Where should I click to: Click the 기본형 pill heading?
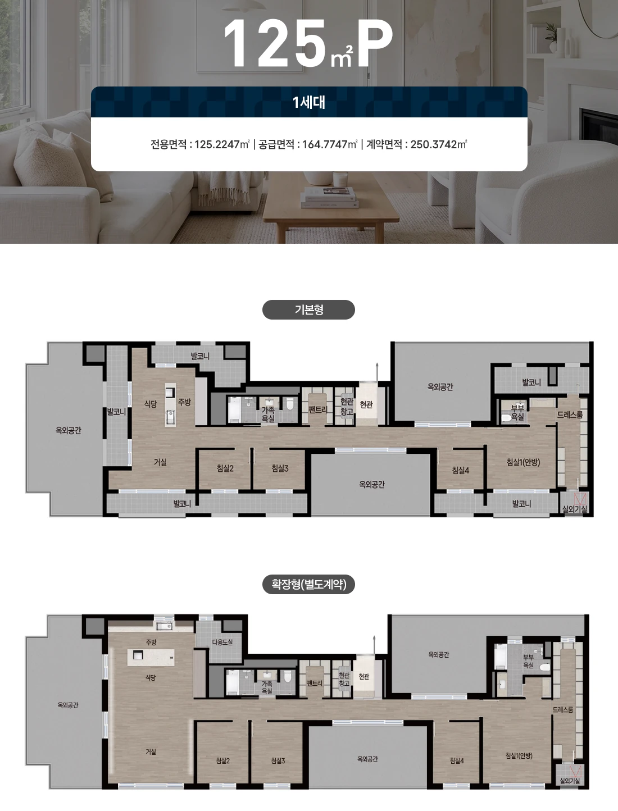tap(308, 309)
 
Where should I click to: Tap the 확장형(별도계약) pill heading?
tap(308, 584)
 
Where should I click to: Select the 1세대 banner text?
tap(308, 102)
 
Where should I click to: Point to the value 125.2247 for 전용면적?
tap(217, 144)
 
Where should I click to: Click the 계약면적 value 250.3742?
tap(434, 144)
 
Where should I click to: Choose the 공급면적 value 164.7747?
tap(325, 144)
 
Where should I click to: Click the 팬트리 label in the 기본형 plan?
tap(317, 410)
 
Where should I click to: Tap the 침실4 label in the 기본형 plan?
tap(460, 470)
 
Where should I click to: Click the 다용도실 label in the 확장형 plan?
tap(222, 642)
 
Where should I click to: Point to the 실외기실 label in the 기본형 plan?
tap(575, 509)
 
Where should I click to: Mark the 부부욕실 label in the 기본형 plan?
tap(517, 412)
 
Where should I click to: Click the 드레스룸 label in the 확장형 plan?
tap(563, 710)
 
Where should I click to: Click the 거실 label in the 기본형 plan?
tap(161, 462)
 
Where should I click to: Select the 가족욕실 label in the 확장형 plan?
tap(267, 687)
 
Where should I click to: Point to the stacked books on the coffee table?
tap(329, 197)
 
